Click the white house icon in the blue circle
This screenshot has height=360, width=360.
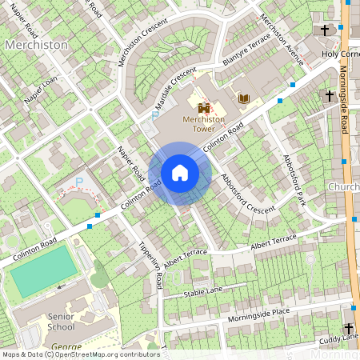(180, 173)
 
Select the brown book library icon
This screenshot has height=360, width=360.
(244, 98)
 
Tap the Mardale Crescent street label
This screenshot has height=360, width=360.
(175, 89)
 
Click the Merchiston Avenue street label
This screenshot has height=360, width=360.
(284, 41)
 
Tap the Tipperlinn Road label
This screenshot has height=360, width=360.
(151, 264)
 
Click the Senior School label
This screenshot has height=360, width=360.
(61, 321)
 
